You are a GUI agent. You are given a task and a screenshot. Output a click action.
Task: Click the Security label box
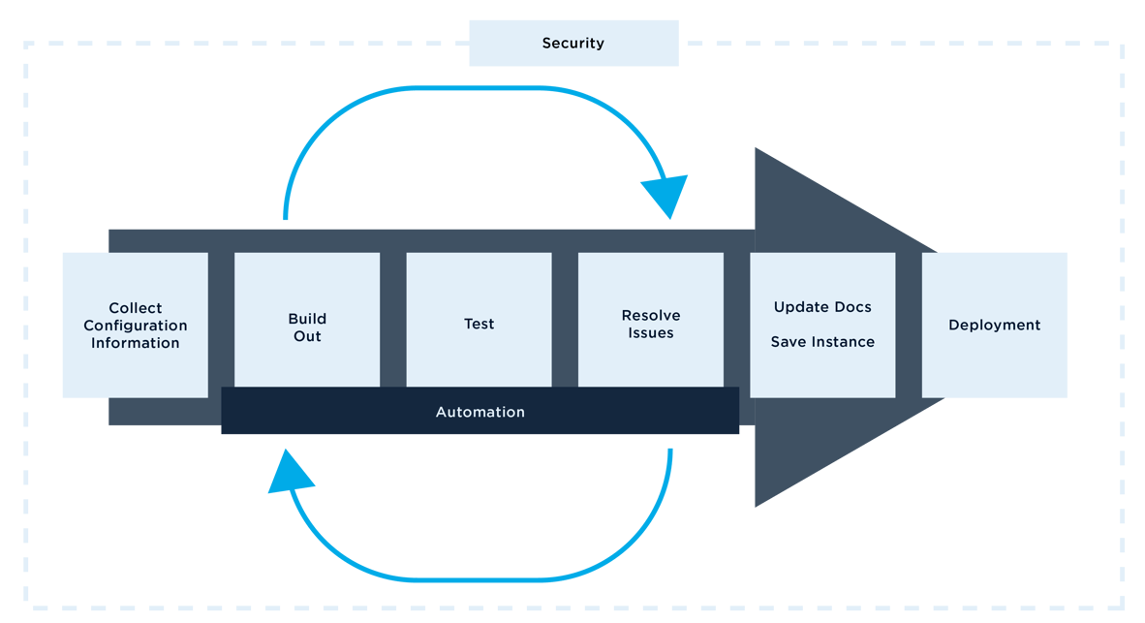coord(573,44)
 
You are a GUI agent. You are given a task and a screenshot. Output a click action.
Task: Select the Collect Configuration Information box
coord(135,325)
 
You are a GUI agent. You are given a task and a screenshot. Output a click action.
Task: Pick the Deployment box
coord(995,325)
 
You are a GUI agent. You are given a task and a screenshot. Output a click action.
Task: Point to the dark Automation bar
coord(480,412)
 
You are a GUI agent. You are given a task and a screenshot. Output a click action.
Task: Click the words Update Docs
coord(822,307)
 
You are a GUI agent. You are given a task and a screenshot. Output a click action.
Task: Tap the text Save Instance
coord(822,342)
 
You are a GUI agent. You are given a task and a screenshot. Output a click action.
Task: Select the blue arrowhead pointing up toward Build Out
coord(290,474)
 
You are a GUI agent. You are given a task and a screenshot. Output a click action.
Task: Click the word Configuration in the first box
coord(135,326)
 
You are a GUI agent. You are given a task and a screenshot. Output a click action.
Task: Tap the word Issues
coord(650,333)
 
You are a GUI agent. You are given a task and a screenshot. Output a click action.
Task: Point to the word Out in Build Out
coord(307,336)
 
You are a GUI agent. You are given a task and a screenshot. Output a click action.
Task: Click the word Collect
coord(136,308)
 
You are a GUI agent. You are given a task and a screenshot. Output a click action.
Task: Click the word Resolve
coord(651,316)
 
